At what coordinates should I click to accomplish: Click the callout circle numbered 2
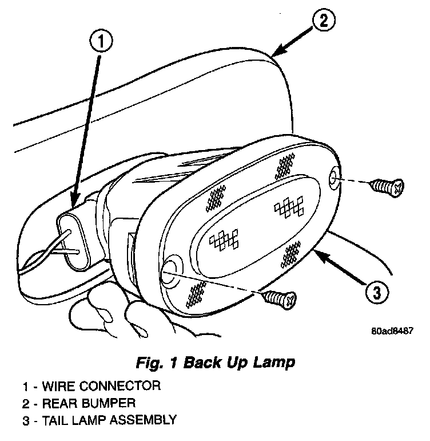click(x=322, y=21)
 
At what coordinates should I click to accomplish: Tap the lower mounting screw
click(x=281, y=297)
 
